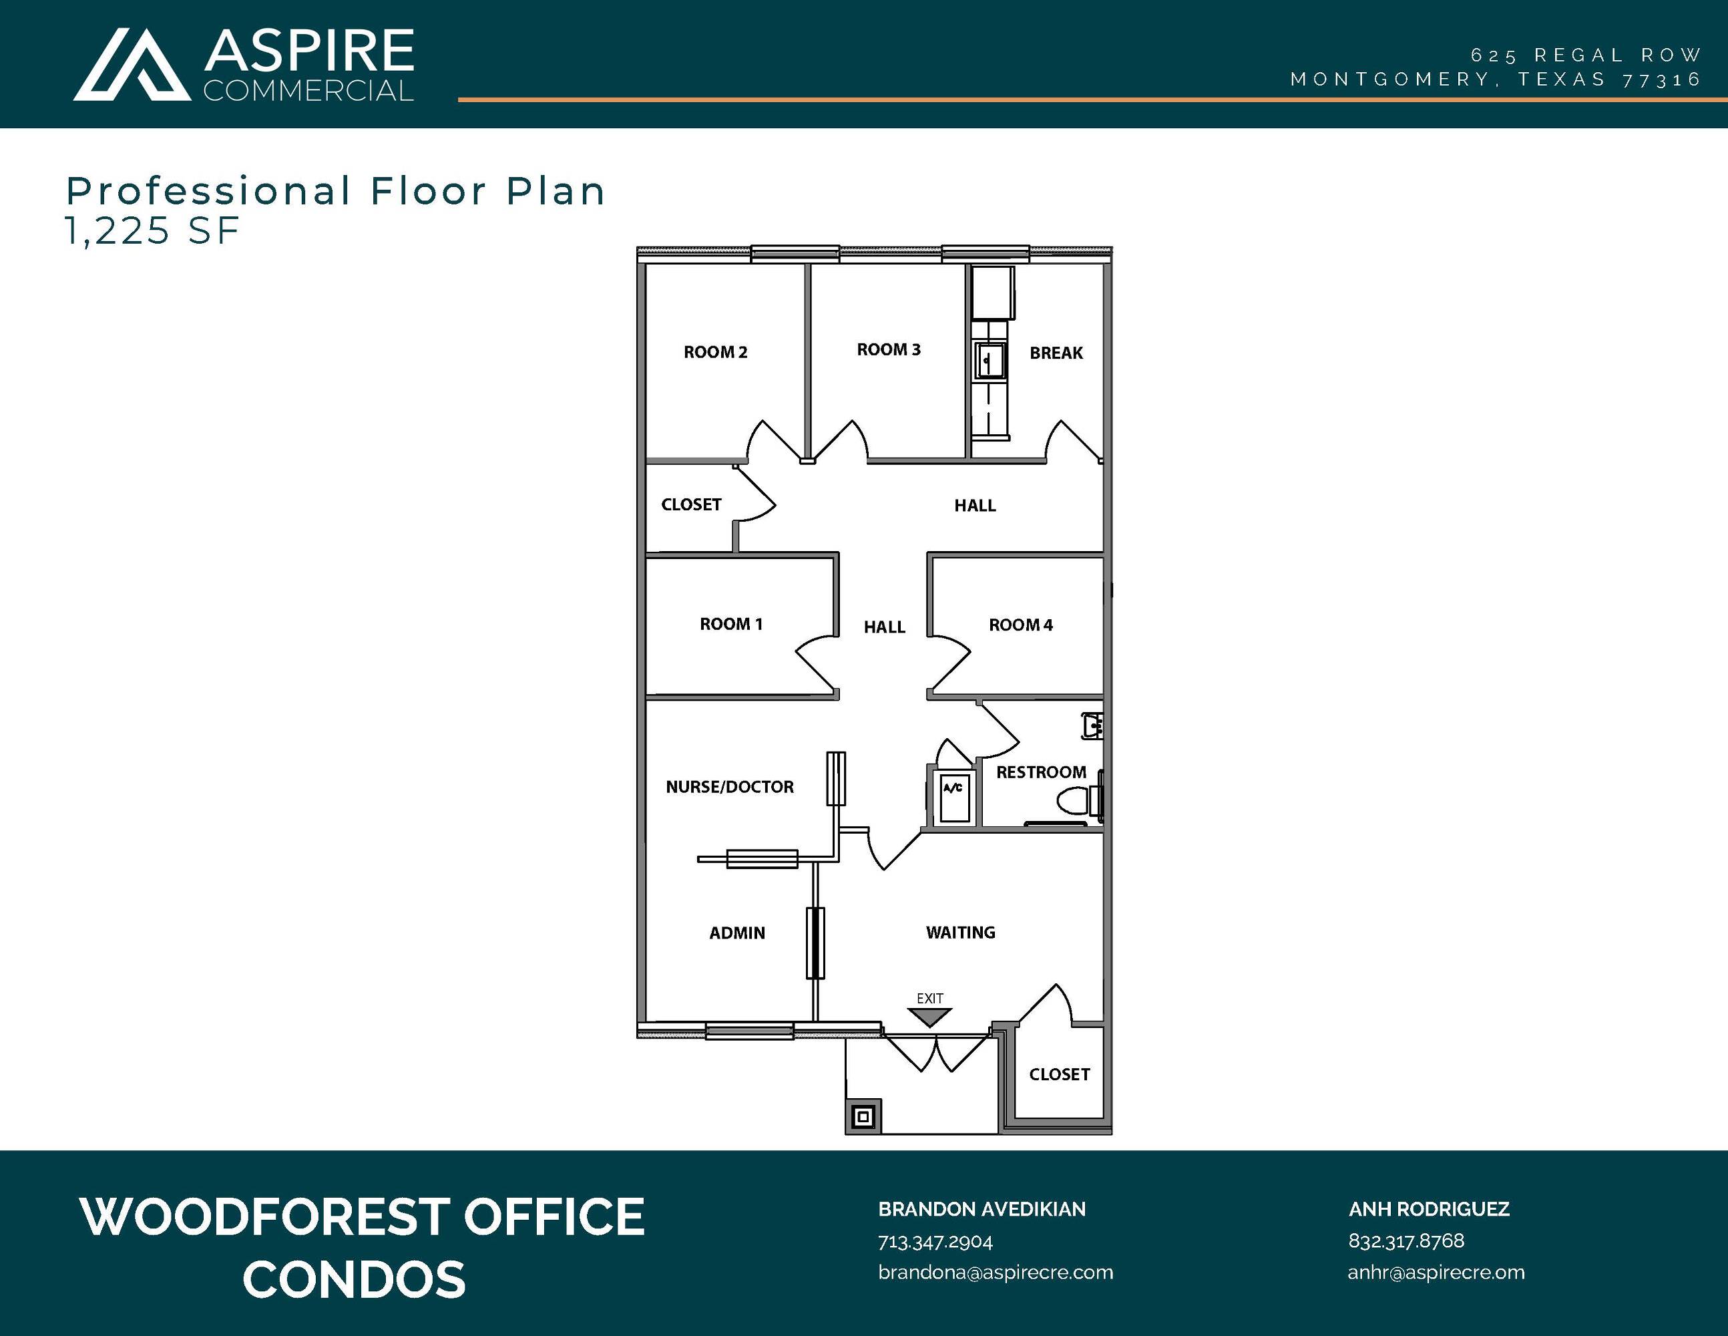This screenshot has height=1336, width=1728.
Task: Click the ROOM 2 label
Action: click(x=715, y=352)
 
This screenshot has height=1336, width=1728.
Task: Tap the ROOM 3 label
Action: click(x=889, y=350)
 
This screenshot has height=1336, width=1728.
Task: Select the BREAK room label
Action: click(x=1056, y=353)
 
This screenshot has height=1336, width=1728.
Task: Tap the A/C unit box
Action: click(x=954, y=798)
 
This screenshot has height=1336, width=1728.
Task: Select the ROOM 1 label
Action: click(x=731, y=625)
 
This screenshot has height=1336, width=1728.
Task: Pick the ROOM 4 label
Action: click(x=1021, y=625)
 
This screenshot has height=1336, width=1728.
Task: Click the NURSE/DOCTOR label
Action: click(x=730, y=787)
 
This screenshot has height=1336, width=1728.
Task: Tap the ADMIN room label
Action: click(x=737, y=933)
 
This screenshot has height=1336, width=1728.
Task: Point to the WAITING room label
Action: click(x=961, y=933)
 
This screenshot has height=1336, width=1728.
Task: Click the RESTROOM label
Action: click(x=1041, y=772)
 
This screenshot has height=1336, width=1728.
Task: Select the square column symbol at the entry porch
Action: click(x=863, y=1117)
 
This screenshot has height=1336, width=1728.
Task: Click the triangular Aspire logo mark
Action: click(x=132, y=65)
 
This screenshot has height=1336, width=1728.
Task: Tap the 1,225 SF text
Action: click(x=153, y=231)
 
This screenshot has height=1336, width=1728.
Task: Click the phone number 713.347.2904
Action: click(x=935, y=1242)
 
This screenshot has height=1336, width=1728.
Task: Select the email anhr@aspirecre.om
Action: click(x=1436, y=1273)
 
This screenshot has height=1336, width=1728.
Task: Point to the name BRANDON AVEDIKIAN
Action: click(x=982, y=1209)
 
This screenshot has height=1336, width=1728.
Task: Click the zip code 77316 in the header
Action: click(x=1661, y=80)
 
